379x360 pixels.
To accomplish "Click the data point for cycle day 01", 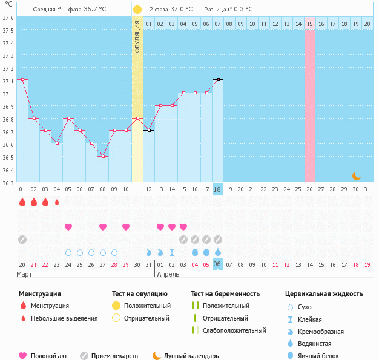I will [x=22, y=80].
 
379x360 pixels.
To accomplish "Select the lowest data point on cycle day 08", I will [x=103, y=157].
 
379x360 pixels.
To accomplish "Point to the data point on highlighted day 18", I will [x=218, y=79].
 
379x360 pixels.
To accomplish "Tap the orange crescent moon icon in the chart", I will [x=357, y=175].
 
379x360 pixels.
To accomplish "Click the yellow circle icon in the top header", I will [x=137, y=10].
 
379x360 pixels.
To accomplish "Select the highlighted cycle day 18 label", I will [x=218, y=189].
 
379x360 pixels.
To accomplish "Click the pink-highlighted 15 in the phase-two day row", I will [x=310, y=24].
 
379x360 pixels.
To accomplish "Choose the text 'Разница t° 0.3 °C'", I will [x=229, y=10].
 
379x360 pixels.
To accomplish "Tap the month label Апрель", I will [x=168, y=274].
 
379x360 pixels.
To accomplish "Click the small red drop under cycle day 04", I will [x=57, y=203].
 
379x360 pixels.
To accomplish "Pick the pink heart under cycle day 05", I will [x=68, y=227].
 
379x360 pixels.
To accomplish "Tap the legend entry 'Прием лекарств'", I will [x=109, y=356].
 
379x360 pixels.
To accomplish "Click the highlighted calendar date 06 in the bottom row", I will [x=218, y=264].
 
